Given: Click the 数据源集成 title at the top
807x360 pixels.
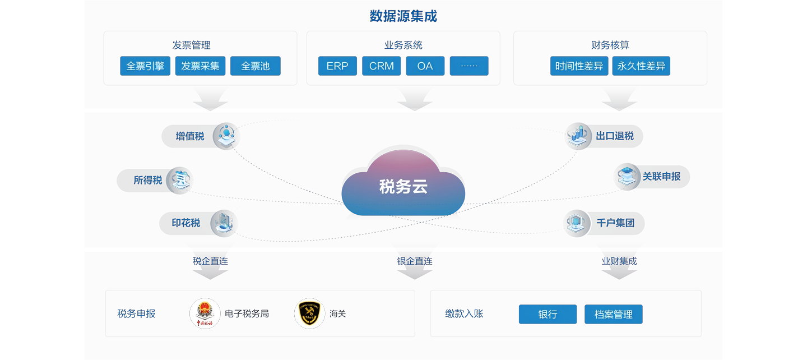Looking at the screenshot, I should point(403,16).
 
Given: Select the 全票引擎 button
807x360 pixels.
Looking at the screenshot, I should point(145,66).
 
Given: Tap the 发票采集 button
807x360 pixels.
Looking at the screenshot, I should point(200,66).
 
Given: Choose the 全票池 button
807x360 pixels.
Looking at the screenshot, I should point(256,66).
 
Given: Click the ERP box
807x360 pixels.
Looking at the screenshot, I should point(337,66).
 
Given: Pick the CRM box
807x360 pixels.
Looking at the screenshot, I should point(381,66).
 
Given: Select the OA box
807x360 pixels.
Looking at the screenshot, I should point(425,66).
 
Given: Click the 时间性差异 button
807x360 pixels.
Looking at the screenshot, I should point(579,66).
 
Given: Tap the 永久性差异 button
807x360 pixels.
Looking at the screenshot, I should point(641,66).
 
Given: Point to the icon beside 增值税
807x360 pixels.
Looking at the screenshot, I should point(226,136).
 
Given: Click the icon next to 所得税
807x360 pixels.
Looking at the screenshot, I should point(179,181).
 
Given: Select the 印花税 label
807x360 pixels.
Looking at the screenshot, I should point(186,223).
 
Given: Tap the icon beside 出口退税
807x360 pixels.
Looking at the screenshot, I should point(578,136).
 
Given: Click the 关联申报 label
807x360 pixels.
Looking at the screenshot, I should point(661,177).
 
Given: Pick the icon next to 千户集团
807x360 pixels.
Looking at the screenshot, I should point(577,223).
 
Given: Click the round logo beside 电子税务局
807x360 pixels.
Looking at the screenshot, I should point(205,313).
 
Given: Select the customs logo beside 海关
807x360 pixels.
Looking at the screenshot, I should point(309,313).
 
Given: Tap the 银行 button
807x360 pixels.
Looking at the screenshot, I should point(548,315).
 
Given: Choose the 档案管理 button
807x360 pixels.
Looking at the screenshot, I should point(613,315).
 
